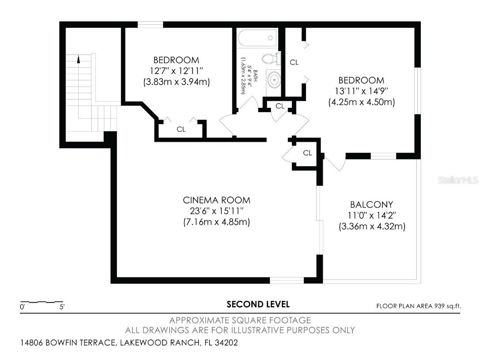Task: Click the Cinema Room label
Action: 217,200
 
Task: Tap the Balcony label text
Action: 371,205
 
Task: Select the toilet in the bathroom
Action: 270,59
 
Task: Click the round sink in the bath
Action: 275,80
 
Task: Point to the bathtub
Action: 257,38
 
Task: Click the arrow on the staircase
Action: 79,59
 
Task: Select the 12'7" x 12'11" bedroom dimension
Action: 176,71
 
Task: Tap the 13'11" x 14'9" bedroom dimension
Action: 361,91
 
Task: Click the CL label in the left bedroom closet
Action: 181,129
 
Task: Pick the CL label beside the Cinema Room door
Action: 308,153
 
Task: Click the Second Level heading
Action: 258,304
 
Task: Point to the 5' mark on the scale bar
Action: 61,307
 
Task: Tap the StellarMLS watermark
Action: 458,180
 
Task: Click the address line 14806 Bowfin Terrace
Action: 129,342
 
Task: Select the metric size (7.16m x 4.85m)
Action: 217,222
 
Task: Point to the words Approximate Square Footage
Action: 240,320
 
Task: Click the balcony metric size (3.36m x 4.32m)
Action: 372,226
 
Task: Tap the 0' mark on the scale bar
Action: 22,307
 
